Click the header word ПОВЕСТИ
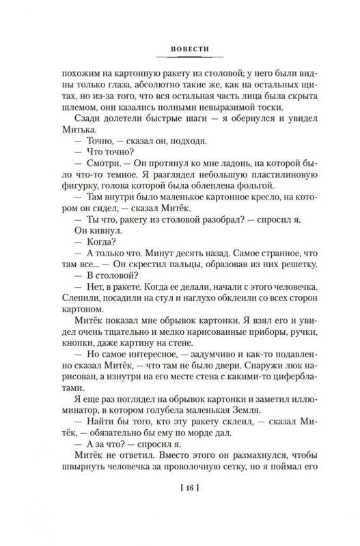[180, 50]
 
